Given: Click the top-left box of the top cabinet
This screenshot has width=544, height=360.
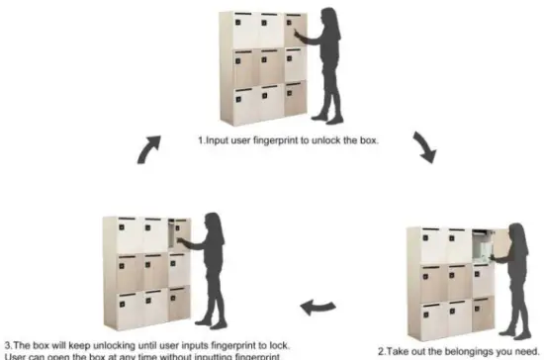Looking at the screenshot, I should (x=244, y=30).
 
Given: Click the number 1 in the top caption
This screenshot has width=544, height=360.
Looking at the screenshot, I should (x=201, y=140).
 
